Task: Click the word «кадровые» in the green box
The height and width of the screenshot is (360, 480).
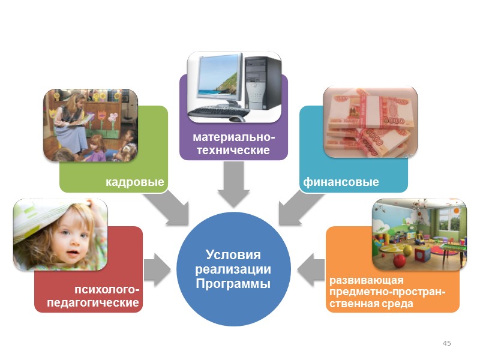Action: coord(135,181)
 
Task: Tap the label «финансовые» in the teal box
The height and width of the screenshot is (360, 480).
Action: coord(341,181)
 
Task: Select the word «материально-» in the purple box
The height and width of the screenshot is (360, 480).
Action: coord(234,137)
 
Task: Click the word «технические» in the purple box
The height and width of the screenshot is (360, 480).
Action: coord(234,150)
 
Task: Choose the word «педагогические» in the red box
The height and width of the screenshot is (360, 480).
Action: coord(98,303)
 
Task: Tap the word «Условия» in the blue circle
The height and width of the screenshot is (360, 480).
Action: coord(233,254)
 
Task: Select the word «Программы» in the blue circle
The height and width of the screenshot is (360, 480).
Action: coord(233,283)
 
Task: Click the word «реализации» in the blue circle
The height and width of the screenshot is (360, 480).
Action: coord(233,269)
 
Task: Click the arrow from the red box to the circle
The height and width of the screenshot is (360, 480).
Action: coord(157,268)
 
